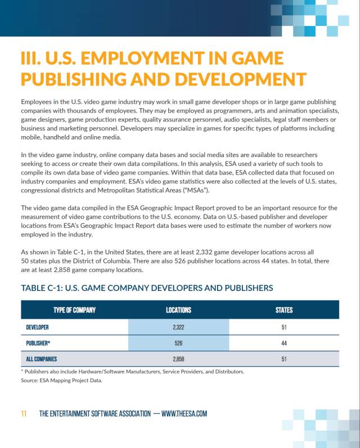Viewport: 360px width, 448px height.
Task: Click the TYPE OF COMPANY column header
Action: click(x=74, y=310)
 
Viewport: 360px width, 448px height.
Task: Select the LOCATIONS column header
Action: click(x=178, y=310)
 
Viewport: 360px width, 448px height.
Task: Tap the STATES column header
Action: click(x=284, y=310)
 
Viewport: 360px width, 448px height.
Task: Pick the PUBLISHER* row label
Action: click(x=38, y=342)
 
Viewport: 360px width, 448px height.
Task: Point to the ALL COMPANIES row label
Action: click(x=42, y=359)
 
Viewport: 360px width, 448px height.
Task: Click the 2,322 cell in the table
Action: click(x=179, y=326)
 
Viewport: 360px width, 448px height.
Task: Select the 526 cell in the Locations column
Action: click(x=179, y=342)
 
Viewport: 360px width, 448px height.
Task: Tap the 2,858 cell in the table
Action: click(x=179, y=359)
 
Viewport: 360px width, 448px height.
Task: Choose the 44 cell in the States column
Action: click(x=284, y=342)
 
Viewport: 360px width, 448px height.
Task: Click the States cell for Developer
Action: click(x=284, y=326)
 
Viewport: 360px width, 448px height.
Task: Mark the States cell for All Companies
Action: click(x=284, y=359)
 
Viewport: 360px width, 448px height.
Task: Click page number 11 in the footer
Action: click(x=24, y=414)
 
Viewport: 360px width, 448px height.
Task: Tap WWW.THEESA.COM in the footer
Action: click(x=184, y=414)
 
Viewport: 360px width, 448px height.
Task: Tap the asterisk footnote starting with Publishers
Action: click(x=132, y=371)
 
